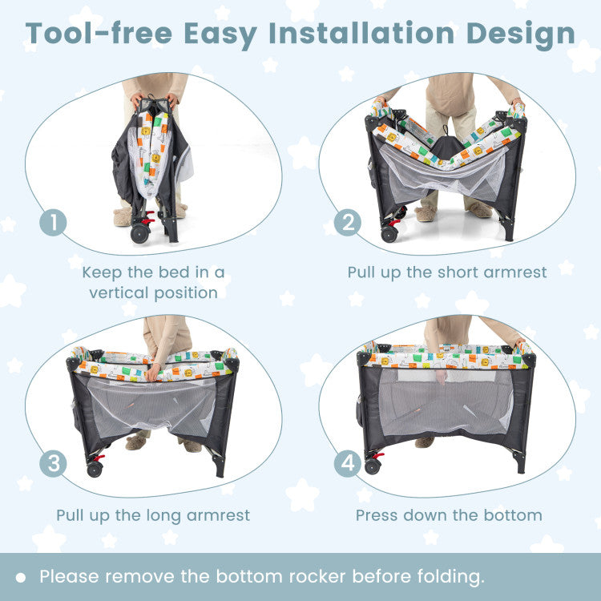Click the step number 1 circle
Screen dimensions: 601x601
click(x=53, y=223)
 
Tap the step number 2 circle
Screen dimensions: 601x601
click(x=347, y=223)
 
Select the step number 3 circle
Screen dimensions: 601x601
click(x=53, y=463)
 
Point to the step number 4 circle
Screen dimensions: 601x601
click(x=347, y=463)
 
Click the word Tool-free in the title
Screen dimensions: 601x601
click(x=99, y=34)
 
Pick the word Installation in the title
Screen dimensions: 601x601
click(x=361, y=34)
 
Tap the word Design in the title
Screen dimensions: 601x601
click(x=521, y=35)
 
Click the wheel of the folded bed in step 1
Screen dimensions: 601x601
click(x=139, y=233)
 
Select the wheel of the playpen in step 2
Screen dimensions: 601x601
click(x=389, y=234)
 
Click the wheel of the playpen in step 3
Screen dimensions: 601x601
click(x=95, y=469)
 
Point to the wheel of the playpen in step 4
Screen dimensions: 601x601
click(x=372, y=466)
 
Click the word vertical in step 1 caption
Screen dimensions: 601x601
click(x=119, y=292)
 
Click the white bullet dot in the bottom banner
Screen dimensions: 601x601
click(x=21, y=578)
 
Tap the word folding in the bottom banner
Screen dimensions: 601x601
click(x=450, y=577)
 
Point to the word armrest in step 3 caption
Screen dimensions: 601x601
click(x=218, y=515)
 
